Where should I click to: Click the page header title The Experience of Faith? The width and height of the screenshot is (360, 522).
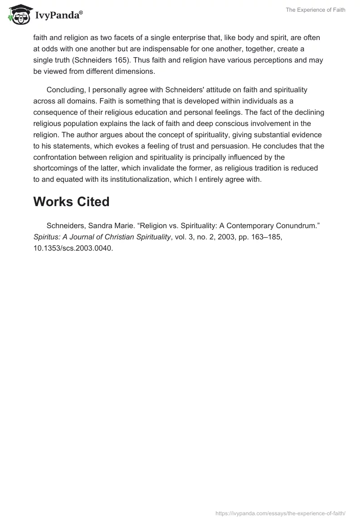pyautogui.click(x=315, y=10)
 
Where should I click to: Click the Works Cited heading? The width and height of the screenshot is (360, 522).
pyautogui.click(x=71, y=202)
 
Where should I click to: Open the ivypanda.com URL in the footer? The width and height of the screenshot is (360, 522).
pyautogui.click(x=280, y=513)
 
